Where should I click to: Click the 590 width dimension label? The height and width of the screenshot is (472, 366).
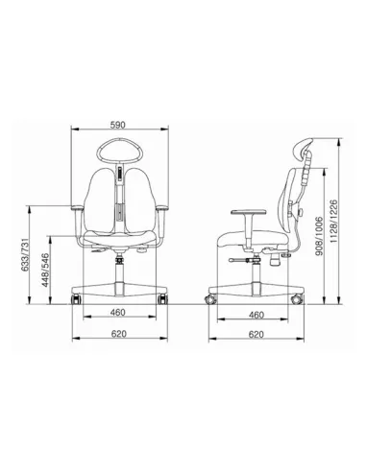120,125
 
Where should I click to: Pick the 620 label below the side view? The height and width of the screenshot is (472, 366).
256,334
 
